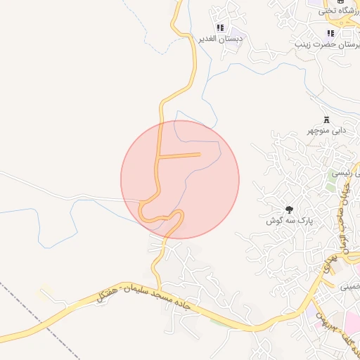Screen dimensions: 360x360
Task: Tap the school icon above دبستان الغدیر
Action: click(220, 28)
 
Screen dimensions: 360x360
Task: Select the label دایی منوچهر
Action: click(326, 131)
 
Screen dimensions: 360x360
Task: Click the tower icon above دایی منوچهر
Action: click(326, 120)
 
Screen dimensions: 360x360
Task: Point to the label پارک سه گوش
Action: click(288, 221)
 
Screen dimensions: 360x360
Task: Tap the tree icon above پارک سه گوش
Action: click(288, 210)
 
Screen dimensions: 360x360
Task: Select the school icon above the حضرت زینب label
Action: click(330, 33)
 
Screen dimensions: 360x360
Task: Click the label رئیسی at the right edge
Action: click(349, 173)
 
